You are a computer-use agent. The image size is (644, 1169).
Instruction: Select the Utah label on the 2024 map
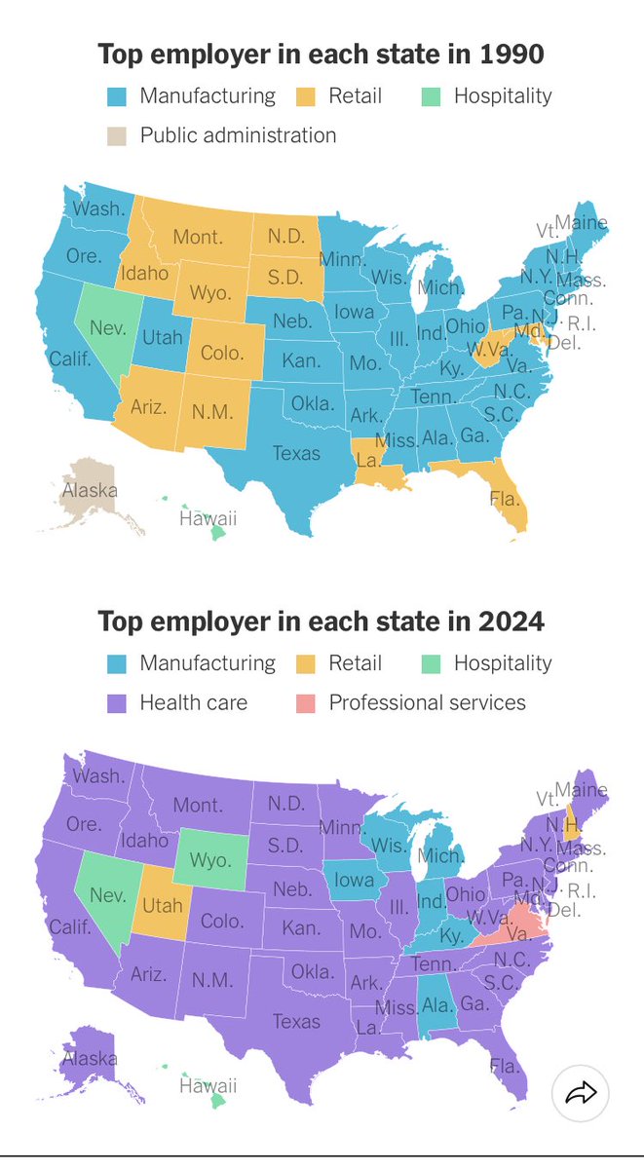pyautogui.click(x=163, y=905)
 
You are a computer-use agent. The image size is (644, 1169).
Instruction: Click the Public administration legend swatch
pyautogui.click(x=117, y=135)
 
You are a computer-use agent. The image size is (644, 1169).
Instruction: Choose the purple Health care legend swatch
pyautogui.click(x=117, y=702)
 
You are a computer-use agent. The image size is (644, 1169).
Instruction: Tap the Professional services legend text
pyautogui.click(x=427, y=702)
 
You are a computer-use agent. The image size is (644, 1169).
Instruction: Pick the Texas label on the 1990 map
pyautogui.click(x=296, y=453)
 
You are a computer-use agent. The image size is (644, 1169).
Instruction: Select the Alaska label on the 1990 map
pyautogui.click(x=89, y=490)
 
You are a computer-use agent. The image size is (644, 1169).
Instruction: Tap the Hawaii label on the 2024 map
pyautogui.click(x=208, y=1086)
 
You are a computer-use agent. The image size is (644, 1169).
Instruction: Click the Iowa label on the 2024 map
pyautogui.click(x=353, y=880)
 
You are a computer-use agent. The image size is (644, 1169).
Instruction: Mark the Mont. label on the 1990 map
pyautogui.click(x=198, y=237)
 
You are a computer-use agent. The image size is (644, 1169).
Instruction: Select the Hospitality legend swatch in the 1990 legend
pyautogui.click(x=431, y=96)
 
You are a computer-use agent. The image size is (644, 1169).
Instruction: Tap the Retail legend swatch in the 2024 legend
pyautogui.click(x=306, y=663)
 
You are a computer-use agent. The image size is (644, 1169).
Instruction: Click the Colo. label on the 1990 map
pyautogui.click(x=221, y=352)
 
